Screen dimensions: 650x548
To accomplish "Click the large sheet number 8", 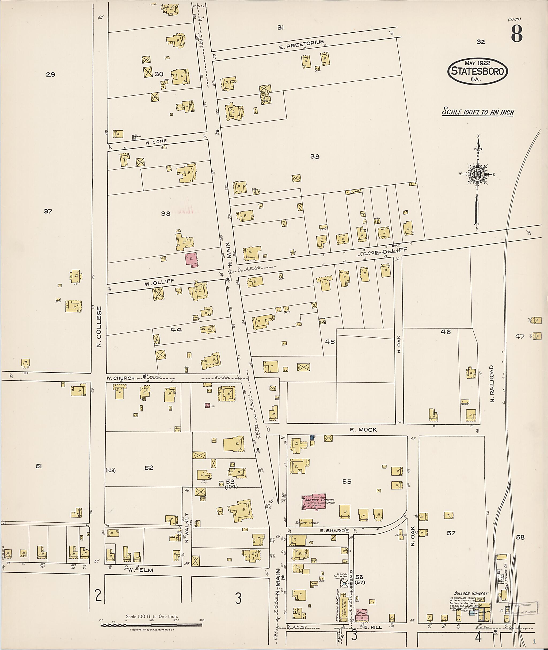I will pos(516,34).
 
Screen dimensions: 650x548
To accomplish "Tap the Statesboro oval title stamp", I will pos(477,71).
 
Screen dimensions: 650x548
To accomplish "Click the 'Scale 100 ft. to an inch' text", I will pos(478,112).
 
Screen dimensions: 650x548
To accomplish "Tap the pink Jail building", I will pos(361,612).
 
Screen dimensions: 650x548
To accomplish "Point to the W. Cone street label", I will pos(156,142).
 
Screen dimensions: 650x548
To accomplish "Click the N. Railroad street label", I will pos(492,384).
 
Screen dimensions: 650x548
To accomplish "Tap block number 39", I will pos(315,157).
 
